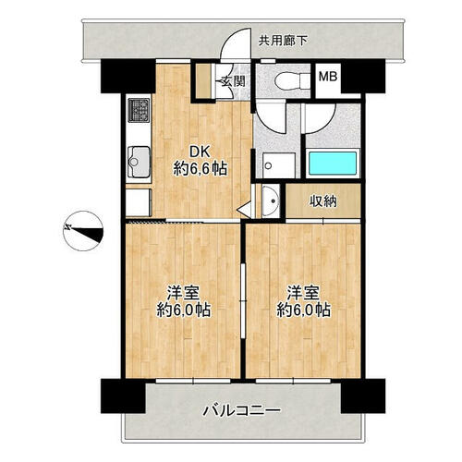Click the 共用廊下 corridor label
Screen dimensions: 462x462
[x=283, y=41]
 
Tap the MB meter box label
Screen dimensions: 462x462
[x=328, y=77]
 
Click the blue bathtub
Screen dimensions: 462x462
[x=333, y=164]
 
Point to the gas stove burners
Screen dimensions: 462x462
[x=139, y=110]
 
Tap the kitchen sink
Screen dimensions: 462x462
[x=139, y=163]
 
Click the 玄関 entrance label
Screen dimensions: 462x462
[x=234, y=81]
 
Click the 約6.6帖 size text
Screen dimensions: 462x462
[x=201, y=169]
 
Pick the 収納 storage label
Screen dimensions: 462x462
[x=323, y=201]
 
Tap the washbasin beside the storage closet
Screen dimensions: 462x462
[x=271, y=201]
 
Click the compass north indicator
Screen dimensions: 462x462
[x=83, y=231]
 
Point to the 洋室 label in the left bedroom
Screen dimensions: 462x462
[x=183, y=293]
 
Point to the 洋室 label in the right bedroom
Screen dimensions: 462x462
[x=303, y=293]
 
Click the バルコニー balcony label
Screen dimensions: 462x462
[x=242, y=410]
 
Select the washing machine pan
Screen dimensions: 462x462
[x=278, y=165]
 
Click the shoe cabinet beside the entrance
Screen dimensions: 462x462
[x=203, y=81]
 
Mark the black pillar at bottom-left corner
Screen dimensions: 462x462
[x=123, y=396]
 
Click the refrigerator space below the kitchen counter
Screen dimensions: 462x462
[x=139, y=202]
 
